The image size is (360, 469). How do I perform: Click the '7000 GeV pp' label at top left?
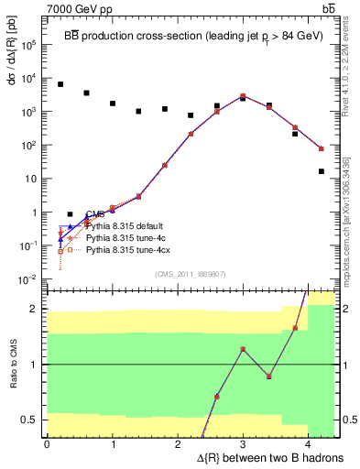click(x=72, y=8)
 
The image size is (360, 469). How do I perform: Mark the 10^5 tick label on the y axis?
click(x=28, y=44)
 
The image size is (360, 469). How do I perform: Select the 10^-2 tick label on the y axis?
click(x=28, y=279)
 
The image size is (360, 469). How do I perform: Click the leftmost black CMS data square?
click(x=60, y=84)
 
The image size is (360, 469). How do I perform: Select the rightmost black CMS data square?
click(x=322, y=171)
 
